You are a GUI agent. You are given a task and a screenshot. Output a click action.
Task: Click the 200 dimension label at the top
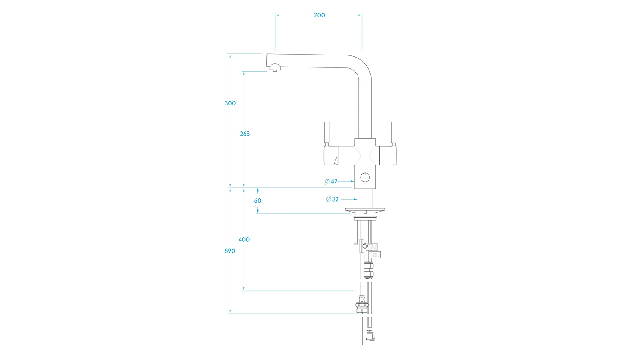320,15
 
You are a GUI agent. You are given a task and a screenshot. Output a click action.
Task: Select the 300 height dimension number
230,103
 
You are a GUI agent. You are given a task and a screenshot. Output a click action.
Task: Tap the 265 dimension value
244,134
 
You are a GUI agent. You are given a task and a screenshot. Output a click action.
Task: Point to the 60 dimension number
257,201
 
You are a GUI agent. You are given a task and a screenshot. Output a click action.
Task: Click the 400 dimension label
244,240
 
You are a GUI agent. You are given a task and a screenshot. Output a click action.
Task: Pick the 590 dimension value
230,251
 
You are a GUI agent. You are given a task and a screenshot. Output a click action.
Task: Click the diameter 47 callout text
331,181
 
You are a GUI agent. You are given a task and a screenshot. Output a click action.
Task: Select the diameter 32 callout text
332,199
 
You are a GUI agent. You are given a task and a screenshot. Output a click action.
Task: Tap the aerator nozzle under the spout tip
275,68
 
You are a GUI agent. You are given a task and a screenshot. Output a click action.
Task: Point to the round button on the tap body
365,177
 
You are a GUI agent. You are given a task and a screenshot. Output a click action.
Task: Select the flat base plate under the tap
365,211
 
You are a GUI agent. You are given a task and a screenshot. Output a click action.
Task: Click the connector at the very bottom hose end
370,335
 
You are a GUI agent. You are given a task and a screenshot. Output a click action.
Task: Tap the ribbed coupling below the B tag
368,270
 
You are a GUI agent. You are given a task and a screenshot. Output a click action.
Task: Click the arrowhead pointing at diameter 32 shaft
355,199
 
